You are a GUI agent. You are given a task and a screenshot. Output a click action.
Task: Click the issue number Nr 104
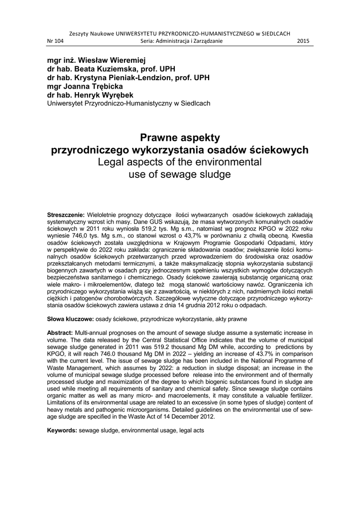[55, 42]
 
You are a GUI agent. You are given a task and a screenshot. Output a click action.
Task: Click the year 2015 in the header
[303, 42]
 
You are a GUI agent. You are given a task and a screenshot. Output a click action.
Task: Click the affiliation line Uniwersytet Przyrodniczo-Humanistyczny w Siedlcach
[128, 104]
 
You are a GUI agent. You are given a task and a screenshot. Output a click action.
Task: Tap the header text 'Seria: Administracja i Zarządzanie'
[180, 42]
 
